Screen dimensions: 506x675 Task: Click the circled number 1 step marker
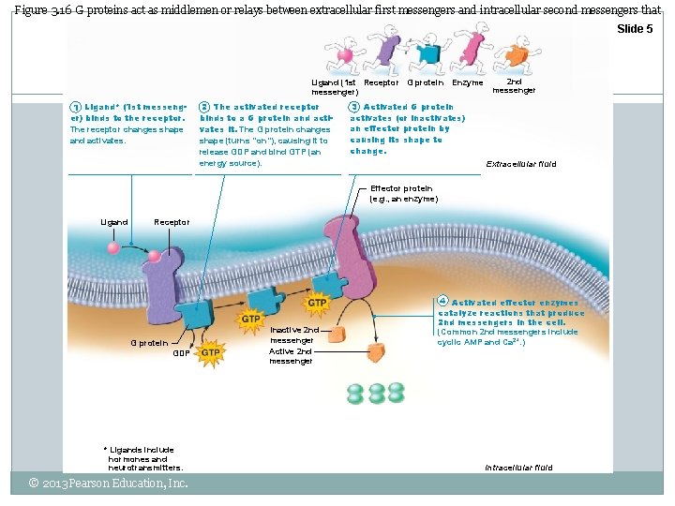(76, 108)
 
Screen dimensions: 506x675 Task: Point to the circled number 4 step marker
(444, 302)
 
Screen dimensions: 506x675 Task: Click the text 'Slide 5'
(634, 29)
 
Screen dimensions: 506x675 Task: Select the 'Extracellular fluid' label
(520, 164)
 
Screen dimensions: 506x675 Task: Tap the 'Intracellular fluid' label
(518, 467)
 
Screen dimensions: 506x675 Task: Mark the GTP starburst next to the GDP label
(211, 352)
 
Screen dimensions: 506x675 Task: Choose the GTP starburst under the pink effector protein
(317, 304)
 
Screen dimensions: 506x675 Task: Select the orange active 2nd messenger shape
(376, 352)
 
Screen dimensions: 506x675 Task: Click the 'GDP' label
(181, 353)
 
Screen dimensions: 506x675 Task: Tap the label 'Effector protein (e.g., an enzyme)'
(403, 193)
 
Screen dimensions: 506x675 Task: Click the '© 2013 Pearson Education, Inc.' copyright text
(109, 484)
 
